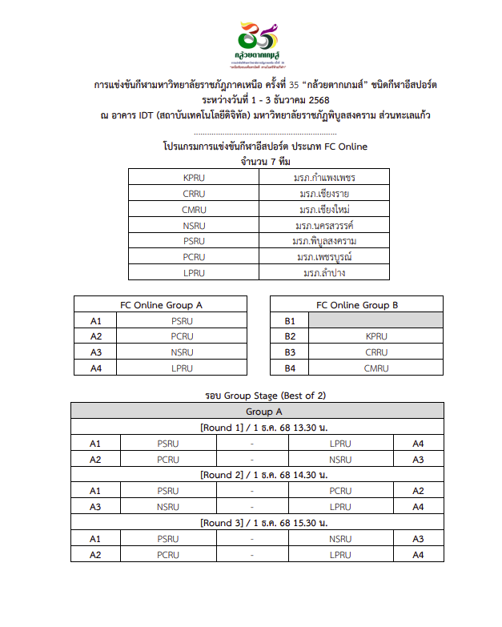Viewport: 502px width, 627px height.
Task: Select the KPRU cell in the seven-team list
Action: coord(194,178)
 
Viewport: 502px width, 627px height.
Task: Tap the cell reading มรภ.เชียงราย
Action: coord(324,194)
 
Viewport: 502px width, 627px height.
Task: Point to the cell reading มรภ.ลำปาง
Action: coord(324,273)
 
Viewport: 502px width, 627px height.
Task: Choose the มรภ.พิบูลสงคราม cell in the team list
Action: coord(324,241)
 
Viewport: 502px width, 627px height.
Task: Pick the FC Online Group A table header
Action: coord(160,305)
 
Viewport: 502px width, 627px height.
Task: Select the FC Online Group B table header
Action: coord(356,305)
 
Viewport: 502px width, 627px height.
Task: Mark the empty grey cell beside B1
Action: coord(375,321)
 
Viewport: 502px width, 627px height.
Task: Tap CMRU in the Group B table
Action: coord(375,368)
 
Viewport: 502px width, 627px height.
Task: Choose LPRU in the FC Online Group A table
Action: coord(182,368)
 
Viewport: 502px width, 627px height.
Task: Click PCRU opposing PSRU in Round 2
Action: coord(340,491)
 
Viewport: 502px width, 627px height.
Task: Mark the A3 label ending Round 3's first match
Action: coord(418,539)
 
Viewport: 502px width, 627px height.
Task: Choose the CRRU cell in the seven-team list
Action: coord(194,194)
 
